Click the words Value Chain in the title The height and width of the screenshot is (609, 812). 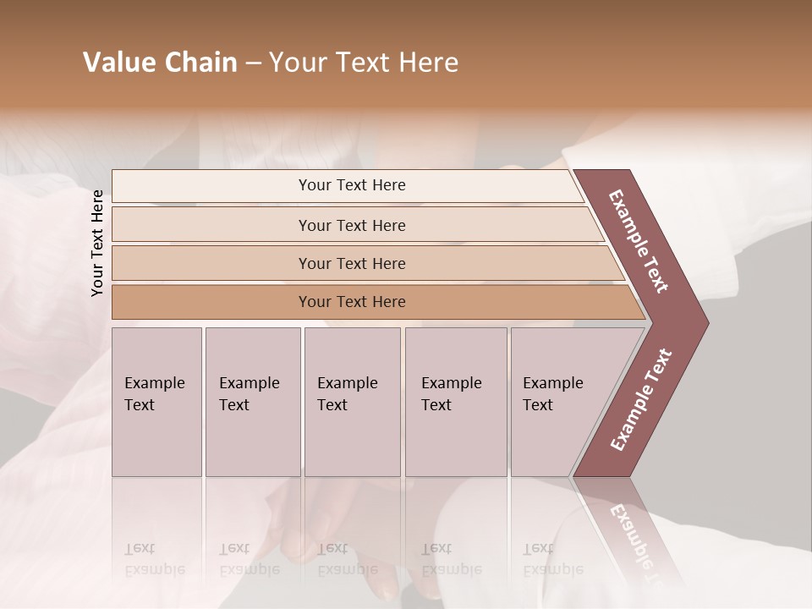pyautogui.click(x=160, y=63)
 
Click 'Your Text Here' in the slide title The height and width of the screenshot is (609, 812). pyautogui.click(x=364, y=63)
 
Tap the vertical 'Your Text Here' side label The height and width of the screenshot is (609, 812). pyautogui.click(x=97, y=243)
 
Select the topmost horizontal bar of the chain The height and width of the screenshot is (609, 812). pyautogui.click(x=352, y=185)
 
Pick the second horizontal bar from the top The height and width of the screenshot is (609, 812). pyautogui.click(x=352, y=225)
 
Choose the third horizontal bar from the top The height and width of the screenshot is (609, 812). pyautogui.click(x=352, y=263)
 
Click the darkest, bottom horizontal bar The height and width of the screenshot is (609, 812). pyautogui.click(x=352, y=302)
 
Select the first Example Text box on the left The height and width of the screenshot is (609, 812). pyautogui.click(x=156, y=402)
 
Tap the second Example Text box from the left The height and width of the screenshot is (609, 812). pyautogui.click(x=252, y=402)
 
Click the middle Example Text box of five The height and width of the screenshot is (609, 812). pyautogui.click(x=352, y=402)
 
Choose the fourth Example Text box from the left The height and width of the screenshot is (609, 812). pyautogui.click(x=455, y=402)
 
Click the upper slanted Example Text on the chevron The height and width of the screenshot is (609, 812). pyautogui.click(x=639, y=241)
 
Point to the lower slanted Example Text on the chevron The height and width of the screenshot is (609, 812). pyautogui.click(x=640, y=400)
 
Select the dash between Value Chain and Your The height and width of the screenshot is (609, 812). pyautogui.click(x=253, y=63)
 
